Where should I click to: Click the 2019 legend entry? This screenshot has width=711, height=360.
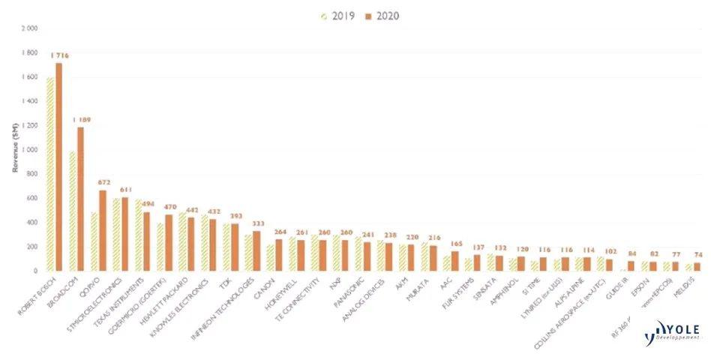click(338, 15)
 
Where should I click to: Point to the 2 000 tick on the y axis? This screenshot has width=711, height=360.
click(29, 28)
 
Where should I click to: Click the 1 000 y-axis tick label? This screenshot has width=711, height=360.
click(29, 150)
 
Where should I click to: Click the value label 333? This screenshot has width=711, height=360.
click(258, 223)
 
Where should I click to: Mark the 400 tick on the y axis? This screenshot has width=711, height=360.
click(32, 223)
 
